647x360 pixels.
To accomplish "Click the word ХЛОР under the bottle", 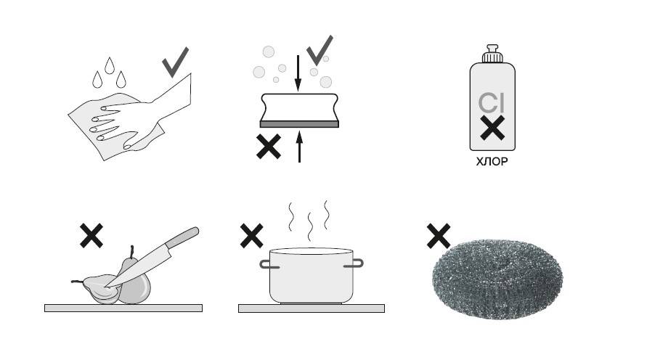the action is [492, 161].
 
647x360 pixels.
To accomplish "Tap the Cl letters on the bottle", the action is [492, 103].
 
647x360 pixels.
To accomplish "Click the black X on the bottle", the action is [492, 128].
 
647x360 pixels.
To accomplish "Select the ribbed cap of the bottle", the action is [492, 54].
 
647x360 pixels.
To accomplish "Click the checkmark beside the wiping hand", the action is [175, 62].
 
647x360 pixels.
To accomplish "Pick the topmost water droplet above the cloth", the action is [110, 65].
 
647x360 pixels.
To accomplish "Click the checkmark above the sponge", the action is [320, 50].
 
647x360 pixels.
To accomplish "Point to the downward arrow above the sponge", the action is [298, 73].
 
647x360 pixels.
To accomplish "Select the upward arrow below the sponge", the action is [300, 147].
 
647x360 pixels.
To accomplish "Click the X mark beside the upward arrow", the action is [269, 147].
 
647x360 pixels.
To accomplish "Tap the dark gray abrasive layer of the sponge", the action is [299, 124].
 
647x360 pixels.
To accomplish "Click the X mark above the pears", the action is [91, 235].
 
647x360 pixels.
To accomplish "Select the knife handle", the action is [182, 238].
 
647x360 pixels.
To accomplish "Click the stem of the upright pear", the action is [131, 251].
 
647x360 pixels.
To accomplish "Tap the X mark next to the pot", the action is [252, 235].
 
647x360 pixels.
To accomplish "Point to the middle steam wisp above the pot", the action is [309, 226].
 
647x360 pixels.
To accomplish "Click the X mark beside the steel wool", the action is [439, 236].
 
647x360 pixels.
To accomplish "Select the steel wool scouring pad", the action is [497, 279].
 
